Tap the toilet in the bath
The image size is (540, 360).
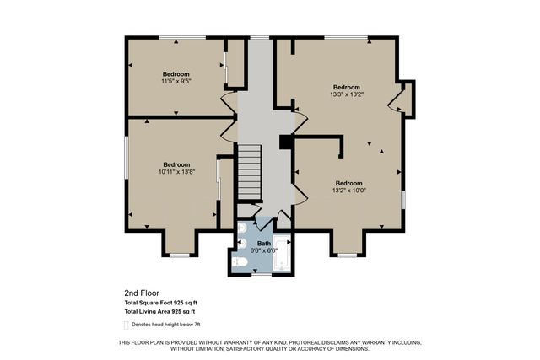(240, 262)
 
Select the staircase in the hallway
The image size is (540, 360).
(250, 172)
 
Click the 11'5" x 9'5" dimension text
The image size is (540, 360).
(176, 81)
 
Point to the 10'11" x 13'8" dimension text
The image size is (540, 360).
(176, 172)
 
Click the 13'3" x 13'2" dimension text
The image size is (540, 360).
(347, 94)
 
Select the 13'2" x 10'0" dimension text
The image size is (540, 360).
(348, 190)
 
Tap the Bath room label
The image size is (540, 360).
(264, 244)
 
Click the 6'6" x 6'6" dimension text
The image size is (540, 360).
(264, 250)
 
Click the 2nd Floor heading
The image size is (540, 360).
(142, 293)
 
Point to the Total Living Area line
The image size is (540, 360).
(159, 312)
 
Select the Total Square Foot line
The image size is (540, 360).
(161, 303)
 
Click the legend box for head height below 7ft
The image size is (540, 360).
(126, 325)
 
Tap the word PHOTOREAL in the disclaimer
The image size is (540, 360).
(304, 343)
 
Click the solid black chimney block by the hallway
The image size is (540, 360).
(286, 142)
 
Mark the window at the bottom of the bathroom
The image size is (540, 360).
(262, 275)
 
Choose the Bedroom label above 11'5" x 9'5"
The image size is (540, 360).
(176, 74)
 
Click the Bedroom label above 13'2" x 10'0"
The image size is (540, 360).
(348, 183)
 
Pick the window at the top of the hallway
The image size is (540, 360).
(260, 37)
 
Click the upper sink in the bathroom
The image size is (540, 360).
(242, 228)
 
